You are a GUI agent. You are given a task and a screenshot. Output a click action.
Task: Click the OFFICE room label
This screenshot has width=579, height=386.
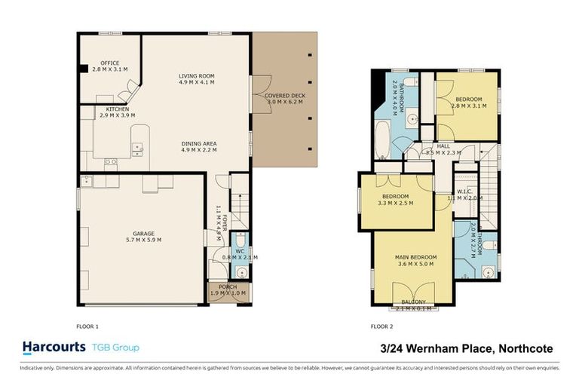(x=106, y=63)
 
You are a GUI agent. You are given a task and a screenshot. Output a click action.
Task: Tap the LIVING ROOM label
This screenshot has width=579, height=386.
(x=197, y=75)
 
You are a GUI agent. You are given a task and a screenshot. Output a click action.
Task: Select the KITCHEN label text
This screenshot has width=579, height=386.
(x=117, y=109)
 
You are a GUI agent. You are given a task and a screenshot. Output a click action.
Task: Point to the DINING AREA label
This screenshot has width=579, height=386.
(x=199, y=143)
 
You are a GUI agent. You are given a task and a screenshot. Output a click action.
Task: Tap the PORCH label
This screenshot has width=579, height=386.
(x=228, y=286)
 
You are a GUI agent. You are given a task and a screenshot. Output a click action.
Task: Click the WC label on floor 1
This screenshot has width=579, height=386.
(x=238, y=251)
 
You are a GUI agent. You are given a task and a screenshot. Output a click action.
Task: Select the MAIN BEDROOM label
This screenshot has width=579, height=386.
(x=416, y=257)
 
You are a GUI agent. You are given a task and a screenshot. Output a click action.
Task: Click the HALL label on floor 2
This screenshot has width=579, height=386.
(x=443, y=146)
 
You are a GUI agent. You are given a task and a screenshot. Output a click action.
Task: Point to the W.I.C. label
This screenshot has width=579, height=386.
(x=464, y=191)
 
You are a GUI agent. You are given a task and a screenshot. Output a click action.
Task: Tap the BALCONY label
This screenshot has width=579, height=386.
(x=413, y=302)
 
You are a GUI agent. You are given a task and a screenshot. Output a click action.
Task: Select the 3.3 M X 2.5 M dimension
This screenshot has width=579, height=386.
(x=395, y=203)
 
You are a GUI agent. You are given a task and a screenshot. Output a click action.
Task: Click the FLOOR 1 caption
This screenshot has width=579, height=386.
(x=88, y=326)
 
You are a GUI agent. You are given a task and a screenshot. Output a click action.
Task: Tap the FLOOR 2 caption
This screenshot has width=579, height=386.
(x=382, y=326)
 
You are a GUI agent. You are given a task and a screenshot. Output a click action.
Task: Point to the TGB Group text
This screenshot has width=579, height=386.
(x=115, y=348)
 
